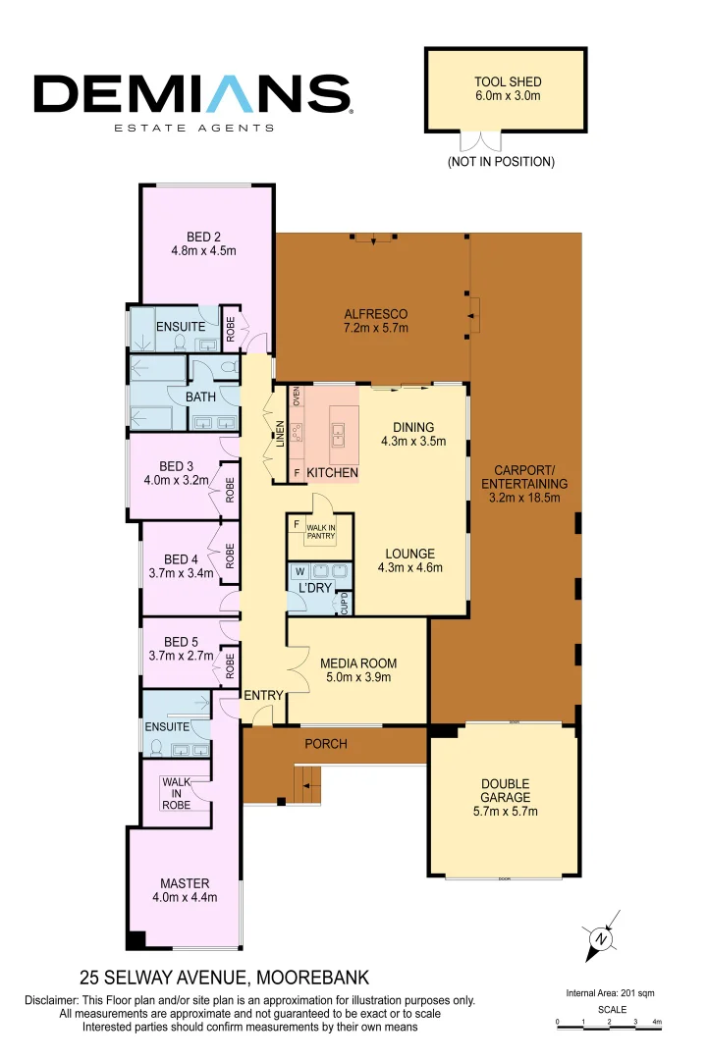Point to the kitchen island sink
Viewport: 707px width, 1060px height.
click(x=338, y=431)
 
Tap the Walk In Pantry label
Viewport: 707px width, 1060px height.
click(x=320, y=532)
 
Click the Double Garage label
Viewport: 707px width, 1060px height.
click(x=505, y=797)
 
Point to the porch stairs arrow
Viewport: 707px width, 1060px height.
click(x=308, y=784)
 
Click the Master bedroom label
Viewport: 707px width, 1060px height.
click(x=185, y=890)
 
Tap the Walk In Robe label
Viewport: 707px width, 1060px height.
click(x=177, y=793)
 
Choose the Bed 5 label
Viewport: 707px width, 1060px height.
click(x=181, y=649)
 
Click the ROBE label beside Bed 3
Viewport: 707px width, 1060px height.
click(x=231, y=489)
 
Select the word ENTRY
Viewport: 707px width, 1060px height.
click(x=263, y=695)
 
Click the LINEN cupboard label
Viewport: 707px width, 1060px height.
click(x=280, y=435)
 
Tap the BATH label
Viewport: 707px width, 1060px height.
click(x=200, y=397)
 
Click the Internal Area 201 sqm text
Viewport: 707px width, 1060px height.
click(x=610, y=993)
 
